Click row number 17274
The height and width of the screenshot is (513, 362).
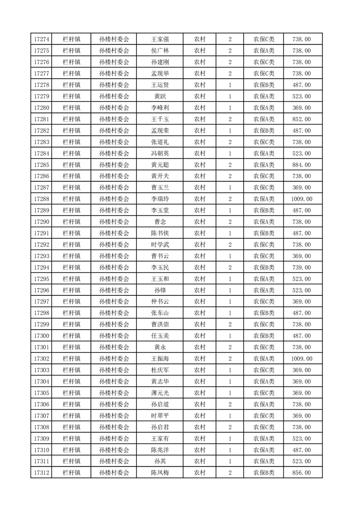coord(42,39)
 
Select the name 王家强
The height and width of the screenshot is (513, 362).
coord(160,39)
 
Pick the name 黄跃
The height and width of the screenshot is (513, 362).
coord(160,96)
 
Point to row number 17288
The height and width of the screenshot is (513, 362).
coord(42,199)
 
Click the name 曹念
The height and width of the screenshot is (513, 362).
coord(160,222)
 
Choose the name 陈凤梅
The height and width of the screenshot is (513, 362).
coord(160,473)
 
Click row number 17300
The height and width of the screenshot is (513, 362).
coord(42,336)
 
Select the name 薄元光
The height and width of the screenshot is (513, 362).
coord(160,393)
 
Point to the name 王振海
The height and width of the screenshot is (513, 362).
coord(160,359)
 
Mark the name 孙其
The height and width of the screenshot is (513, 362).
coord(160,461)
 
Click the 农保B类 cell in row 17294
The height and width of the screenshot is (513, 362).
coord(264,267)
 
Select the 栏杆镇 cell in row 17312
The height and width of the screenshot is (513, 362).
coord(72,473)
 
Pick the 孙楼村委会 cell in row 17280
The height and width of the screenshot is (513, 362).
coord(114,108)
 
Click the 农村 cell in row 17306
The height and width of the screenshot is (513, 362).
coord(199,405)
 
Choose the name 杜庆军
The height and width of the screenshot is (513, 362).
coord(160,370)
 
